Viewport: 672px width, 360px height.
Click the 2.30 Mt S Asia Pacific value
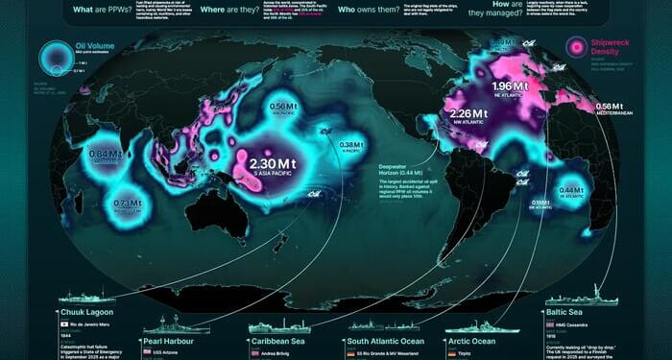pos(271,164)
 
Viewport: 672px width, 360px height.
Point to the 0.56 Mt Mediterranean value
pos(611,107)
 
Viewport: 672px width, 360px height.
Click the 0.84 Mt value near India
pos(104,154)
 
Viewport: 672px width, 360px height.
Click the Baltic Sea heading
pos(585,311)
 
